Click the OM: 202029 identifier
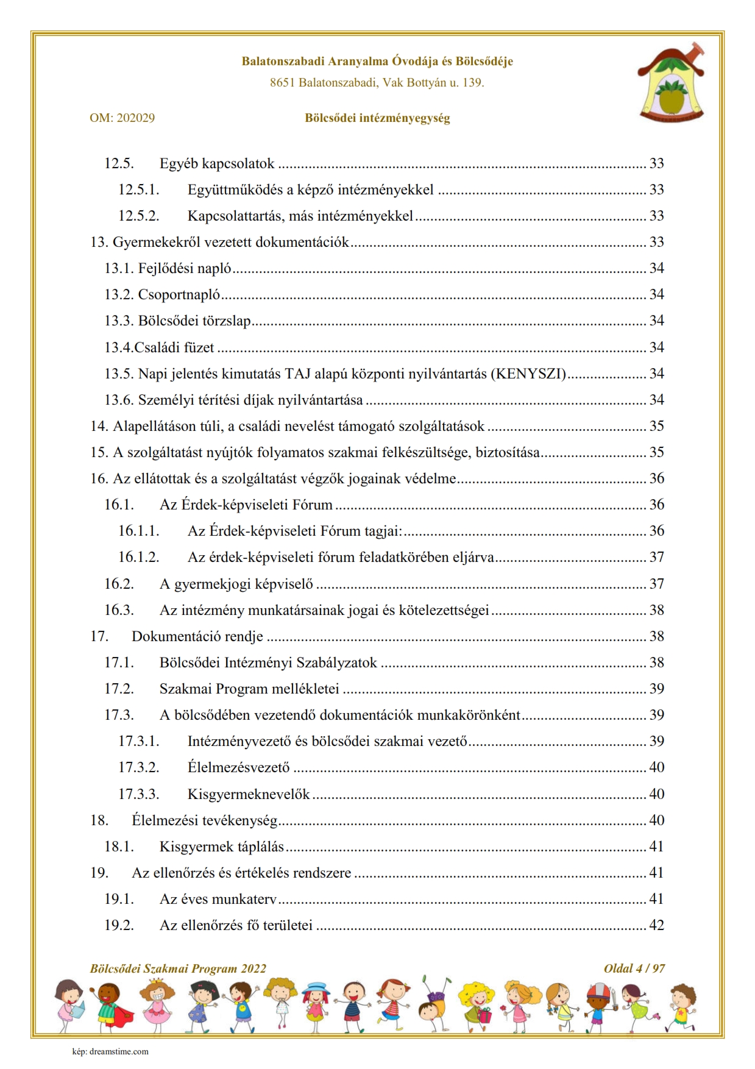click(122, 118)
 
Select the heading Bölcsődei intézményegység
click(377, 118)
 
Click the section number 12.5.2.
click(138, 216)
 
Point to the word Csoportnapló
click(179, 295)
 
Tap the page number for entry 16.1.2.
click(656, 558)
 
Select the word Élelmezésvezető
click(238, 768)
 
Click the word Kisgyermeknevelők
click(249, 794)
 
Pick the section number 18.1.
click(119, 847)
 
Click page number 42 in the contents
click(656, 925)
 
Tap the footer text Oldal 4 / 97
click(634, 968)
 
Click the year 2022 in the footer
click(253, 968)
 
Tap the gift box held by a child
click(484, 1015)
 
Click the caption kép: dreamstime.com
click(110, 1051)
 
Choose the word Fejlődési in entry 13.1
click(162, 269)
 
